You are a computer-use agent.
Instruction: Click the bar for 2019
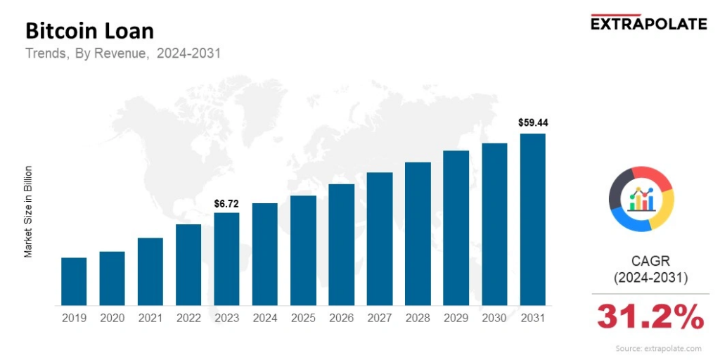(74, 281)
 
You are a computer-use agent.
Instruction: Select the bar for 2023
(226, 259)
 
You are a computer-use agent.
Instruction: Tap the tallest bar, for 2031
(533, 219)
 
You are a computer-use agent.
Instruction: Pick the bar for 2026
(341, 245)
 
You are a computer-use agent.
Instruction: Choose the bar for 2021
(150, 271)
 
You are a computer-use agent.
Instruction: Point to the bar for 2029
(456, 228)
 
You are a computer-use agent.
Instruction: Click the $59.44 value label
(533, 122)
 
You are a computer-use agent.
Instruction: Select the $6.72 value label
(226, 203)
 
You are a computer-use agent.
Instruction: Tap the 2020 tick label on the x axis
(112, 318)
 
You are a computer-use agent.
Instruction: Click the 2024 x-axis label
(265, 318)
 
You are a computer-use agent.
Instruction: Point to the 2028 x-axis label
(418, 318)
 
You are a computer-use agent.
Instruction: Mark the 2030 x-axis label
(494, 318)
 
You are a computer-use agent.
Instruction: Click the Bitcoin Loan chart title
(89, 31)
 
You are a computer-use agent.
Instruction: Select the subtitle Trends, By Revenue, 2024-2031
(123, 53)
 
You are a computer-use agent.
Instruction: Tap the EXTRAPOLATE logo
(648, 24)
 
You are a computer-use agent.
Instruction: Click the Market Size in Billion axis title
(29, 211)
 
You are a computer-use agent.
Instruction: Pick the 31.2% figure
(650, 317)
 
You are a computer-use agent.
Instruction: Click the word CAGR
(650, 262)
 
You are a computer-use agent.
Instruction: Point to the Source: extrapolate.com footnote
(658, 349)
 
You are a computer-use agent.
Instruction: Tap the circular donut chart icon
(641, 199)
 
